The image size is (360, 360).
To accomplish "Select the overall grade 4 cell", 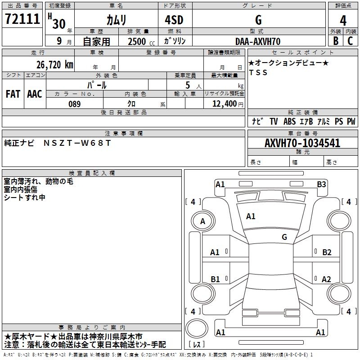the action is [x=343, y=21].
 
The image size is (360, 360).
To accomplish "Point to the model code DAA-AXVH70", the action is [x=258, y=41].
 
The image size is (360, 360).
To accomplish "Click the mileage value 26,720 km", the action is [x=54, y=65].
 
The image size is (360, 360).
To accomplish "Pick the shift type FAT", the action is [x=13, y=94].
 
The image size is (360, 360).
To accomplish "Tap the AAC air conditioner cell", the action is [x=35, y=94].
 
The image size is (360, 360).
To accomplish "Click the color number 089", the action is [x=75, y=104].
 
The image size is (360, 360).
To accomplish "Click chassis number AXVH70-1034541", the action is [x=302, y=143].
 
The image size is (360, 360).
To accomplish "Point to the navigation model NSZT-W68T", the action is [x=76, y=143].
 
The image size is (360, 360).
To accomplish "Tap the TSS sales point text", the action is [x=258, y=73].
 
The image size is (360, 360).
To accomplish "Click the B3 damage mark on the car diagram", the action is [x=321, y=184].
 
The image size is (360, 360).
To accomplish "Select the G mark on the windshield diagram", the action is [x=284, y=237].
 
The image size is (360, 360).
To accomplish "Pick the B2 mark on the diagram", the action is [x=327, y=252].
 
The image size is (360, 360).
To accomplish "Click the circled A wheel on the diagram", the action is [x=202, y=221].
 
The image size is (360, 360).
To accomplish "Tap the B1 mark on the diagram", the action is [x=215, y=279].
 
